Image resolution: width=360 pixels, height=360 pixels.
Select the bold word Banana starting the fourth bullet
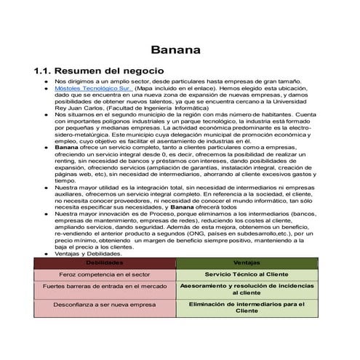click(x=67, y=148)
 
